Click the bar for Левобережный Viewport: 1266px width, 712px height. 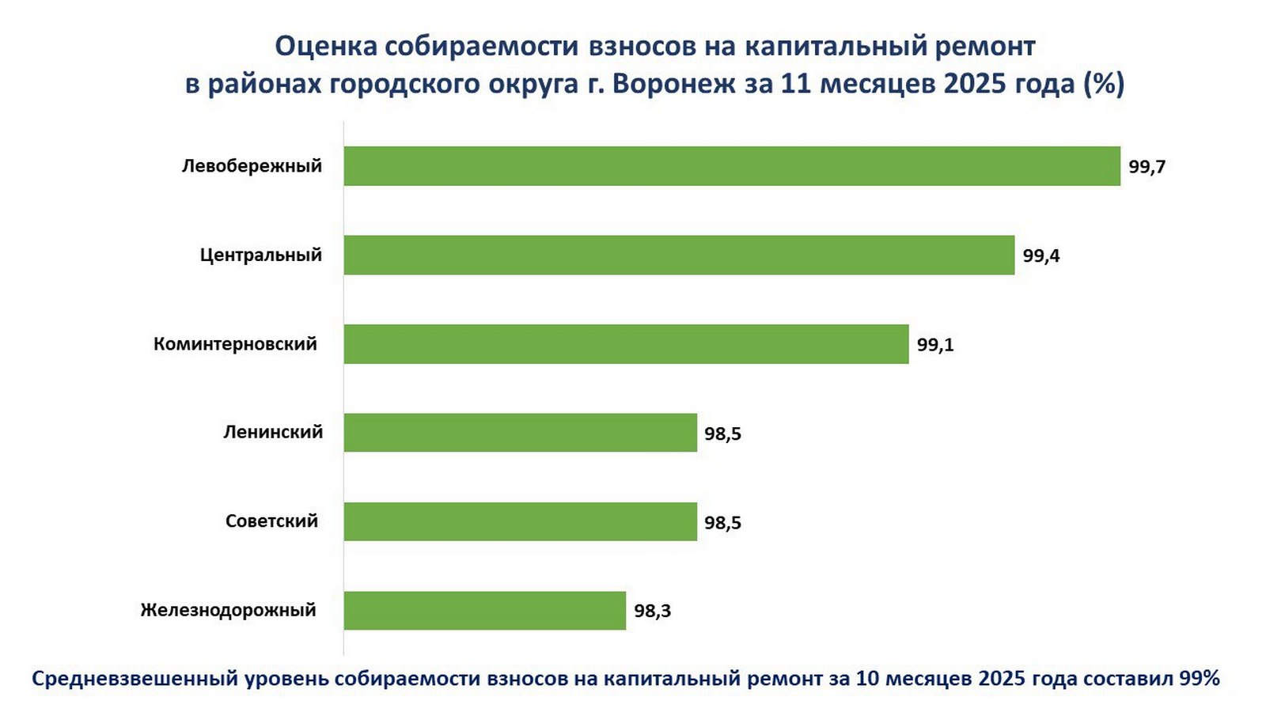[732, 166]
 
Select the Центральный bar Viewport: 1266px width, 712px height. [679, 255]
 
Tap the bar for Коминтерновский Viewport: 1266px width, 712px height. [626, 344]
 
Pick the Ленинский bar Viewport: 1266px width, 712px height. [520, 433]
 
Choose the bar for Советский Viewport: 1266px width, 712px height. [520, 521]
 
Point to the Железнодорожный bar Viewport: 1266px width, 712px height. [484, 611]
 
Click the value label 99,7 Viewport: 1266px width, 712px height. [1147, 167]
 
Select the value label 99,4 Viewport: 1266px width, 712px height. [1040, 256]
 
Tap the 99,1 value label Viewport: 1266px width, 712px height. [934, 345]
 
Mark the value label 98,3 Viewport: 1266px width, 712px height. [652, 611]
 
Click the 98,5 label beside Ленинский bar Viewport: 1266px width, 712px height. [722, 434]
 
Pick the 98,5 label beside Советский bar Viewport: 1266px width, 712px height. [722, 522]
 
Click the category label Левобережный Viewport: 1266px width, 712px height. [252, 166]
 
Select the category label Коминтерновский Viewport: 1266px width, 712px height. [235, 344]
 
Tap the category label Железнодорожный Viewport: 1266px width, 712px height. [228, 610]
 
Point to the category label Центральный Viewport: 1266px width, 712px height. [260, 255]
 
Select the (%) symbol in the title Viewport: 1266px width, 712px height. [1104, 83]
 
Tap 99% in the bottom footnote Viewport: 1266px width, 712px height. [1200, 678]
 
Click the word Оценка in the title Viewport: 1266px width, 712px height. [324, 46]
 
